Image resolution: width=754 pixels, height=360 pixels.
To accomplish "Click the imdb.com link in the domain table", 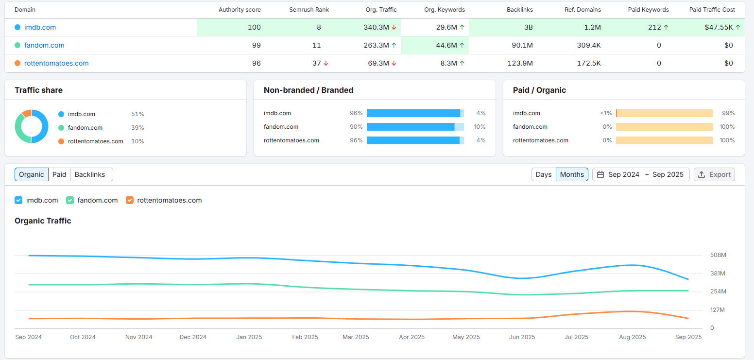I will point(40,27).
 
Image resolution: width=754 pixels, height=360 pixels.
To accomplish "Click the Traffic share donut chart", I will point(32,126).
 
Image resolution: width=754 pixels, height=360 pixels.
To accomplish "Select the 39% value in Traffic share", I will point(137,128).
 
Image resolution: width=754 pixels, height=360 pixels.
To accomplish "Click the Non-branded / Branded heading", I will point(308,90).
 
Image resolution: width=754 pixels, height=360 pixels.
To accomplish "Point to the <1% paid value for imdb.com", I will point(605,113).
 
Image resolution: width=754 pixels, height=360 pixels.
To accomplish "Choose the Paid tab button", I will point(59,174).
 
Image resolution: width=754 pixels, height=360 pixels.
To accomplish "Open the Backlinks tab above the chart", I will point(90,174).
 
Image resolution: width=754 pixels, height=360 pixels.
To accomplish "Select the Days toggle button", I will point(544,174).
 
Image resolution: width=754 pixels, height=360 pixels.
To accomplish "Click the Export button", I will point(714,174).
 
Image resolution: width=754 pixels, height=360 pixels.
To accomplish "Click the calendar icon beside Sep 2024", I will point(600,174).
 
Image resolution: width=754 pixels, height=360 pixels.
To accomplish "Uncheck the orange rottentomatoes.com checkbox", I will point(130,200).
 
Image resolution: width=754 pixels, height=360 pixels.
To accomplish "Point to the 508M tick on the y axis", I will point(718,255).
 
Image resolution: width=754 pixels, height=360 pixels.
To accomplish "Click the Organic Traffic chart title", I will point(43,221).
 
